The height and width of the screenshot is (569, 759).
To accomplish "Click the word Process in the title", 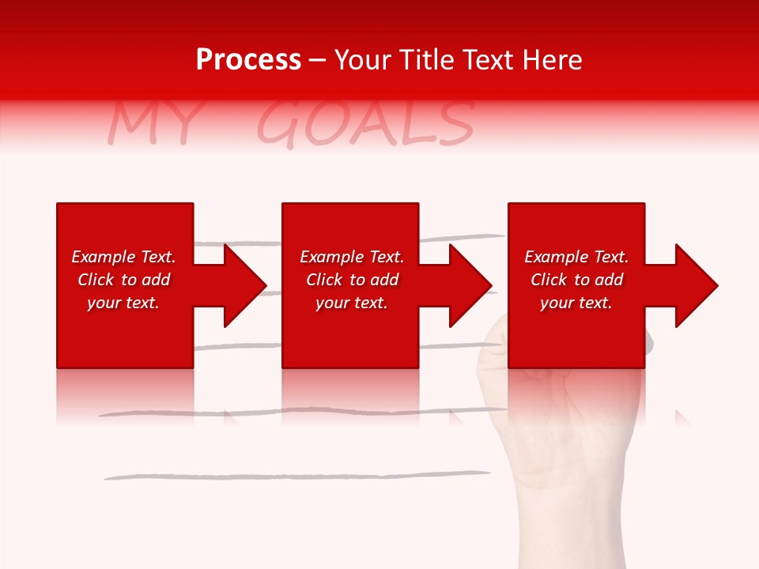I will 248,60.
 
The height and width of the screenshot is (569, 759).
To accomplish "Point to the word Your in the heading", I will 363,60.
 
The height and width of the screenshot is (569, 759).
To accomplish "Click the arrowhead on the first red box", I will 241,285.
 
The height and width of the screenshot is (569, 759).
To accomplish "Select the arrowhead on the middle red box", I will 466,285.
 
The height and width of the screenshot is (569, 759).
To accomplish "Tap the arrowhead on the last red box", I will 693,285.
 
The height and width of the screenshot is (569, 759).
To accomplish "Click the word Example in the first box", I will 104,257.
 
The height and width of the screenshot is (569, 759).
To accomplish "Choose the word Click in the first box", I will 96,280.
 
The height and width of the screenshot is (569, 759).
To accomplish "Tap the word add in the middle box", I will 383,280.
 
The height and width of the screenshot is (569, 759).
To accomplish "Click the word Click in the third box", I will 549,280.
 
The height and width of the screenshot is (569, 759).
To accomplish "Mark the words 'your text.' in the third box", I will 576,303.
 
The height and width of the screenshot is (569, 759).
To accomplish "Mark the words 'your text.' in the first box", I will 123,303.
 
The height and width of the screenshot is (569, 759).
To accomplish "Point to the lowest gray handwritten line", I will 296,476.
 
